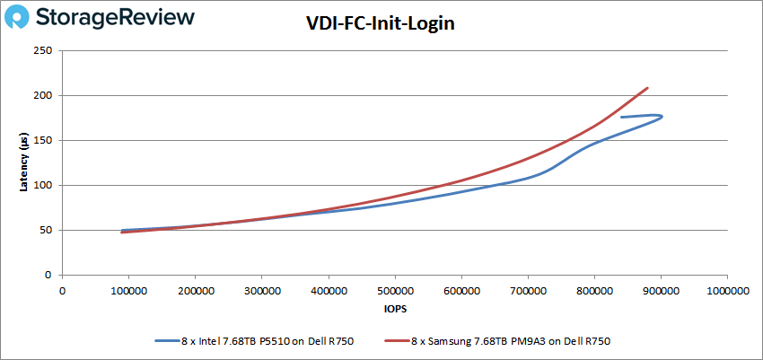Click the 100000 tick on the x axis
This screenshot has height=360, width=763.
click(x=128, y=290)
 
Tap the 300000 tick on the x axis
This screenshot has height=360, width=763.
click(x=261, y=290)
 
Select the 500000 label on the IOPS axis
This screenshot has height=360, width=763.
click(x=394, y=290)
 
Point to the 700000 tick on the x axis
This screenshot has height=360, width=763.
click(x=527, y=290)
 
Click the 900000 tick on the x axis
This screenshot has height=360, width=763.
click(x=660, y=290)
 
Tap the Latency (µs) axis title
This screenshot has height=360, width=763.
click(x=23, y=162)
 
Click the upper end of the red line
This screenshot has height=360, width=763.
click(x=647, y=88)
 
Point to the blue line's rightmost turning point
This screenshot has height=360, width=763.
click(x=662, y=116)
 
